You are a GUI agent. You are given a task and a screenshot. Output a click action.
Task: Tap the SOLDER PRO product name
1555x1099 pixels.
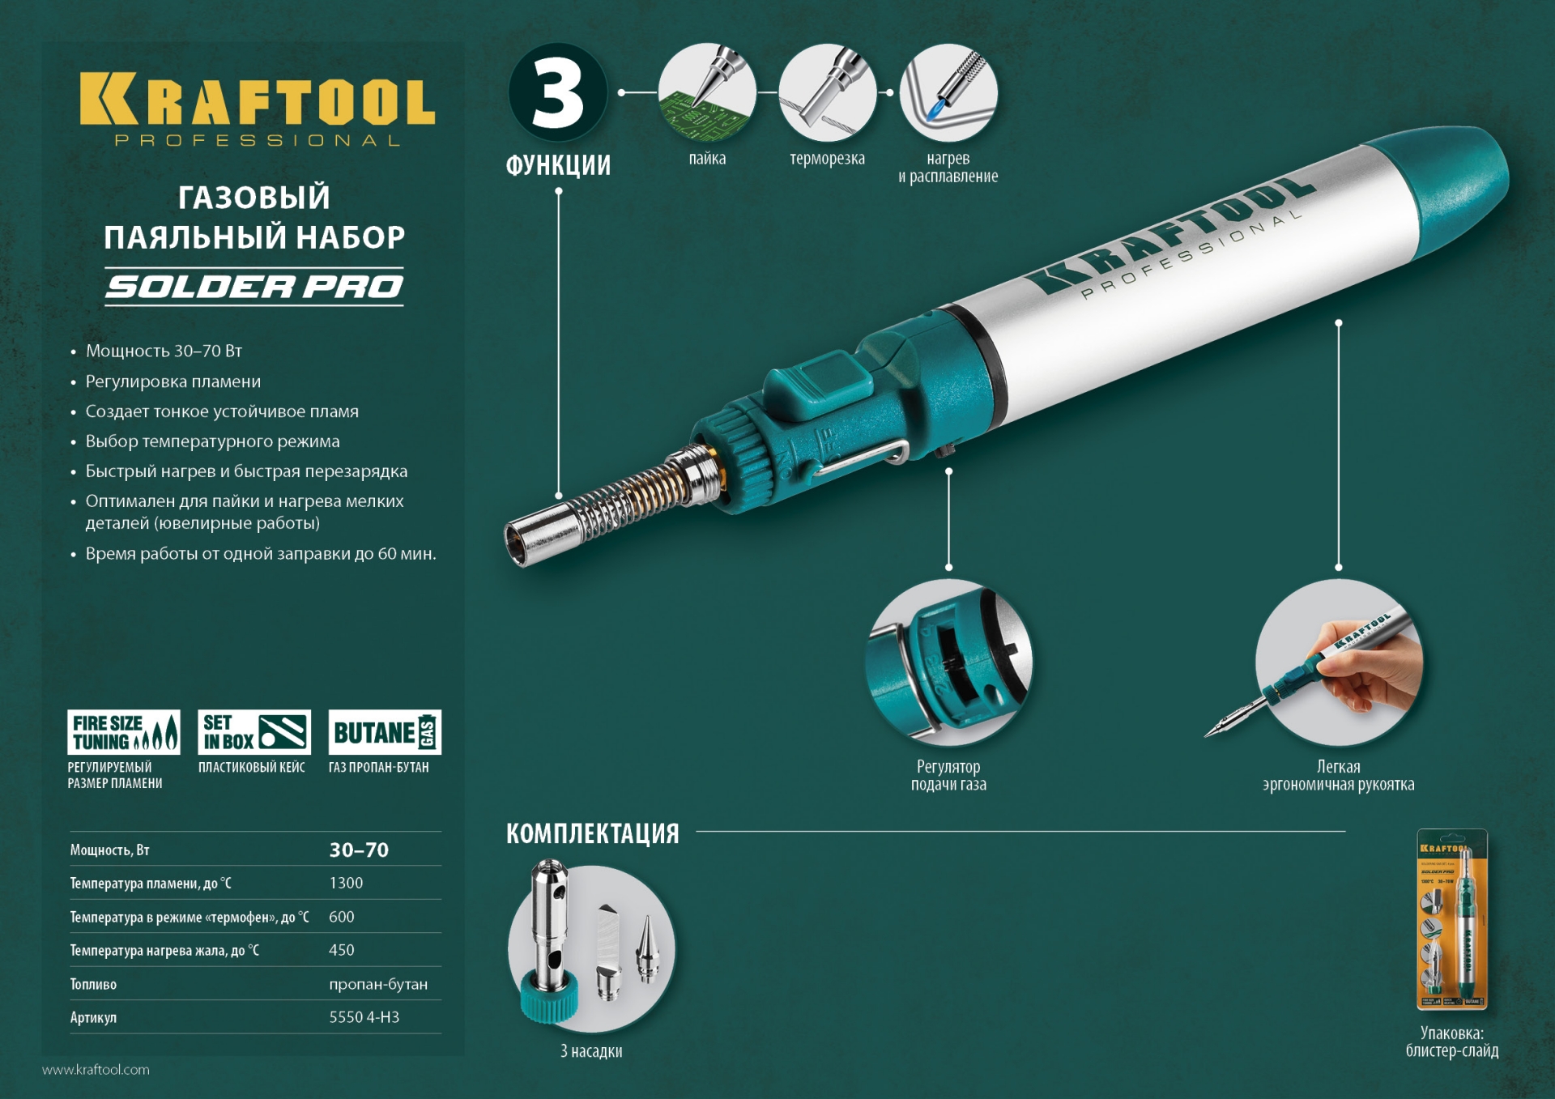click(254, 287)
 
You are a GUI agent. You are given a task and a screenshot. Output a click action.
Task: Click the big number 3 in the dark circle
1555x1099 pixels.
click(558, 93)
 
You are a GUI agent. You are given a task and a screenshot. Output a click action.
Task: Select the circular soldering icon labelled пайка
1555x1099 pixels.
click(707, 92)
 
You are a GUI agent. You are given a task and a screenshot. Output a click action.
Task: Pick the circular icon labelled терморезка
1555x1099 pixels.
click(827, 92)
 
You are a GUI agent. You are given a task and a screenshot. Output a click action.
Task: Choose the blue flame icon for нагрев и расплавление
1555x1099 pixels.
click(948, 92)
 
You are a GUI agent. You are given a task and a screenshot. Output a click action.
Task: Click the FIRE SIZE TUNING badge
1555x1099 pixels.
click(123, 732)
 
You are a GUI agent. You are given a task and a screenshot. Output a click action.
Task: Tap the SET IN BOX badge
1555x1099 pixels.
click(254, 732)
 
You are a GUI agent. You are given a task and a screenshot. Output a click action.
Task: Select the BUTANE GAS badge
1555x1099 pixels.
click(385, 732)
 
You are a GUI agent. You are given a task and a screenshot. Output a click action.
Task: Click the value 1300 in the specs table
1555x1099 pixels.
click(346, 883)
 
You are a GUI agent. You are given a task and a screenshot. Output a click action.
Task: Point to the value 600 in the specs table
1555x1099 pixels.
click(342, 917)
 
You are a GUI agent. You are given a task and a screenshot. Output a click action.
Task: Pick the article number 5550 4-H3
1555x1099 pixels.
click(364, 1017)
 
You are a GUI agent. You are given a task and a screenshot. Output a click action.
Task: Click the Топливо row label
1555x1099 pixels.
click(93, 984)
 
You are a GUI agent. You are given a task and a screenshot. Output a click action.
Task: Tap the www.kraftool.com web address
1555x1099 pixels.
click(96, 1070)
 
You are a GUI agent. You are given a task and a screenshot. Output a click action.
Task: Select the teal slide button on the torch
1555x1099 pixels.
click(818, 386)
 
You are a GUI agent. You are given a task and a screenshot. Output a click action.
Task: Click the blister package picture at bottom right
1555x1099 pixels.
click(1452, 919)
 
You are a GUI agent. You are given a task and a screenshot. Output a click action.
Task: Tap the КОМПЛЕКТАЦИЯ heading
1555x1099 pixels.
click(592, 833)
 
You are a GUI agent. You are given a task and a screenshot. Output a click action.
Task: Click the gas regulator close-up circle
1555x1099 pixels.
click(948, 662)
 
